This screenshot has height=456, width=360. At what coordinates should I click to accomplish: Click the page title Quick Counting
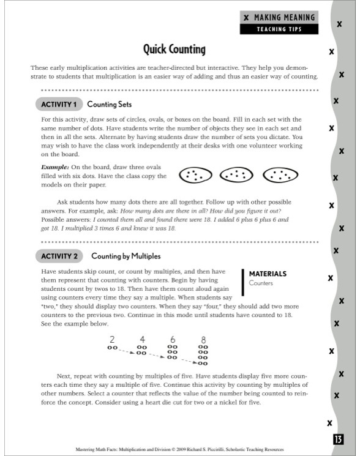[x=174, y=49]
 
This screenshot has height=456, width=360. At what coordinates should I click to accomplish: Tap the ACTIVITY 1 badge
[x=59, y=104]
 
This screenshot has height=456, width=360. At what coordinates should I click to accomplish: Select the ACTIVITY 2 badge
[x=59, y=255]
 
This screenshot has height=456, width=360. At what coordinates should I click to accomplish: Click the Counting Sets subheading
[x=109, y=104]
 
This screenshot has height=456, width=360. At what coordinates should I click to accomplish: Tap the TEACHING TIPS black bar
[x=279, y=29]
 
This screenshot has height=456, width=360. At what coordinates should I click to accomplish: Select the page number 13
[x=338, y=438]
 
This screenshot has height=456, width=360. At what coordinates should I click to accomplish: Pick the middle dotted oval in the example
[x=236, y=175]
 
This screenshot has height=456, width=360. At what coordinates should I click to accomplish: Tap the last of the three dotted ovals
[x=280, y=175]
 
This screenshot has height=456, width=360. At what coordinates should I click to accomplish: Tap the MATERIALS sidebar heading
[x=268, y=274]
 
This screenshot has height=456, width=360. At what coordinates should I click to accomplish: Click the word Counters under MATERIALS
[x=261, y=283]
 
